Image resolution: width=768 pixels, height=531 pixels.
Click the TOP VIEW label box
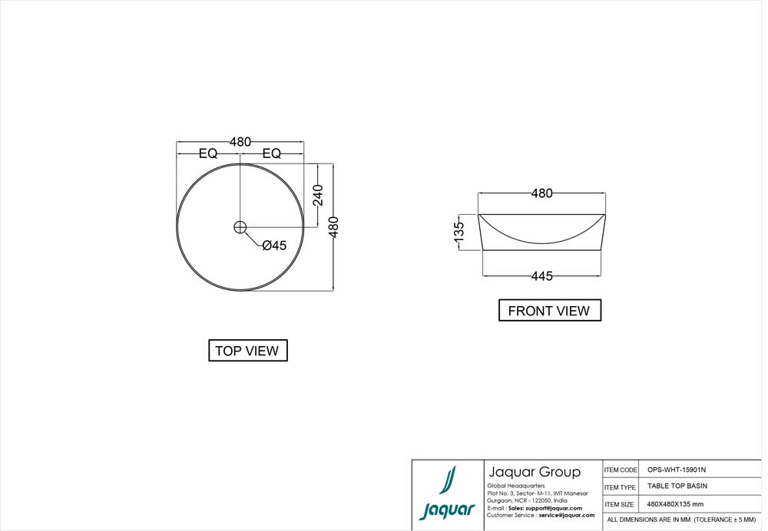click(247, 351)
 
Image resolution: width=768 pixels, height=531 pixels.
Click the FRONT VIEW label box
click(549, 311)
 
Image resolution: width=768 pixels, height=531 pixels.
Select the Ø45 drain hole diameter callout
click(273, 246)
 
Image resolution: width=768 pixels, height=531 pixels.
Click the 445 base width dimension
click(541, 276)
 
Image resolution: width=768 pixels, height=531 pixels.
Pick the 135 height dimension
click(458, 232)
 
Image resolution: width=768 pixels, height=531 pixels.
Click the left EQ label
click(208, 153)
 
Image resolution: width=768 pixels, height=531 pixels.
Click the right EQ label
click(271, 153)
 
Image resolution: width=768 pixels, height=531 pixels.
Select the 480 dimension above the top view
click(240, 142)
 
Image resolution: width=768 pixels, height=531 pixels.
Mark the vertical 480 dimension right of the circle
click(333, 227)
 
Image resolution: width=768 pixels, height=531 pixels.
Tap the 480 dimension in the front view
click(541, 193)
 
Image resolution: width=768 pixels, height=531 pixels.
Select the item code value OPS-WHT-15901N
click(677, 469)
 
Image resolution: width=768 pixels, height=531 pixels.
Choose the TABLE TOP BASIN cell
click(677, 486)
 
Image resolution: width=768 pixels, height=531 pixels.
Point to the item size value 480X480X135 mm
click(674, 504)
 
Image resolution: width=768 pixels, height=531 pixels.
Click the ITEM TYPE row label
click(621, 487)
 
